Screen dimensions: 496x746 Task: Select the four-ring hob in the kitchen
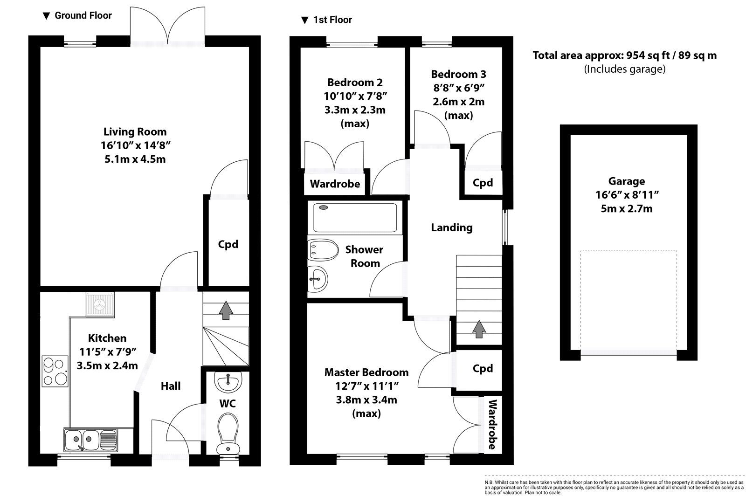coord(55,371)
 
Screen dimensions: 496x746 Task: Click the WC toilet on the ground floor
coord(228,433)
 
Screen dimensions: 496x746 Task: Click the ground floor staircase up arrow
coord(226,310)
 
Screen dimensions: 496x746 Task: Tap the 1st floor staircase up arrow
coord(478,329)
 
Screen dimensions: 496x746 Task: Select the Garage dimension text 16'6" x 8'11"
coord(626,195)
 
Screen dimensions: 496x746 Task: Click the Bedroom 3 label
coord(458,74)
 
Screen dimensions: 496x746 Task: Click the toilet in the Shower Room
coord(322,250)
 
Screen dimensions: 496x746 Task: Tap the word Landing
coord(451,227)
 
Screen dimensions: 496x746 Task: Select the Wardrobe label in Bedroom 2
coord(335,184)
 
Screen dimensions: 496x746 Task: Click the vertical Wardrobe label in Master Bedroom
coord(492,424)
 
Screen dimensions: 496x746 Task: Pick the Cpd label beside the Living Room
coord(228,244)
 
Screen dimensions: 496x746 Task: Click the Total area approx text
coord(624,55)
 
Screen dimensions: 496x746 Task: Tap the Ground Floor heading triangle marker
coord(46,16)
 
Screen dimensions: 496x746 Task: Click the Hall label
coord(171,386)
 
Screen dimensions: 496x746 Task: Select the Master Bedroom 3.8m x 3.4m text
coord(366,400)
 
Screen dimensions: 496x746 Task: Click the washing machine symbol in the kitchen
coord(100,304)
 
